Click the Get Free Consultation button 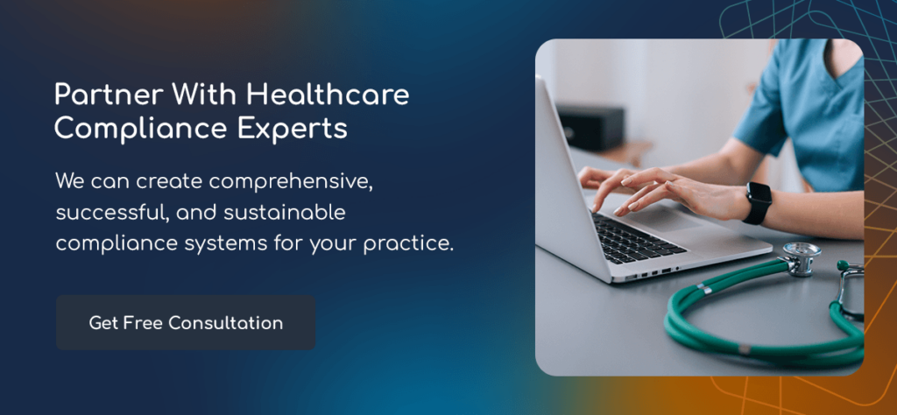186,323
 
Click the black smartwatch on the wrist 758,202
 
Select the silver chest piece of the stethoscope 798,258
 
